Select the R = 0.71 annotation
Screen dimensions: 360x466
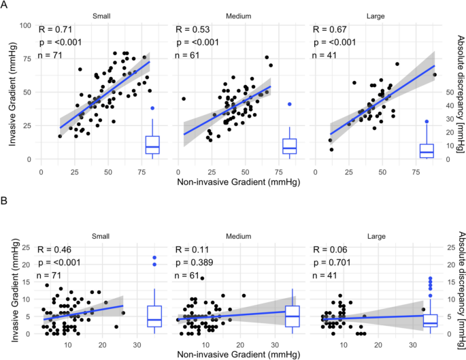[x=54, y=30]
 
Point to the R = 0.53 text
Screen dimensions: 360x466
[x=192, y=30]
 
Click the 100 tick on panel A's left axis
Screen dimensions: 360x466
[x=24, y=26]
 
